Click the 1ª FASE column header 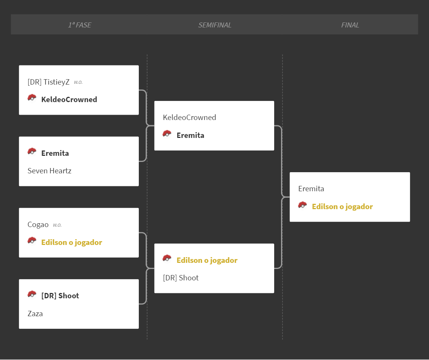click(x=80, y=25)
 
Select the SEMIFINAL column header click(x=215, y=25)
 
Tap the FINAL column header click(x=350, y=25)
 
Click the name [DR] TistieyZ click(x=48, y=82)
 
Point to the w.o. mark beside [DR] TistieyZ click(x=78, y=82)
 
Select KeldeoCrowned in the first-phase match click(x=69, y=99)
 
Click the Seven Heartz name click(x=50, y=171)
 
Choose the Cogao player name click(x=38, y=225)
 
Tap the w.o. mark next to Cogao click(x=57, y=225)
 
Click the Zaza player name click(x=35, y=314)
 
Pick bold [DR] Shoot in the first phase click(x=60, y=296)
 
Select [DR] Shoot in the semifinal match click(x=181, y=278)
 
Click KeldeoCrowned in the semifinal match click(x=190, y=118)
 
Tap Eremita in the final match click(x=311, y=189)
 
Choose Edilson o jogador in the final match click(x=342, y=206)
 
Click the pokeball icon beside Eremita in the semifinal click(x=167, y=134)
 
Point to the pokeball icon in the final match click(x=302, y=205)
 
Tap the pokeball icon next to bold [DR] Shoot click(x=32, y=294)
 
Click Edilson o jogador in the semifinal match click(x=207, y=260)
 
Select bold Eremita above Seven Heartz click(x=55, y=154)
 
